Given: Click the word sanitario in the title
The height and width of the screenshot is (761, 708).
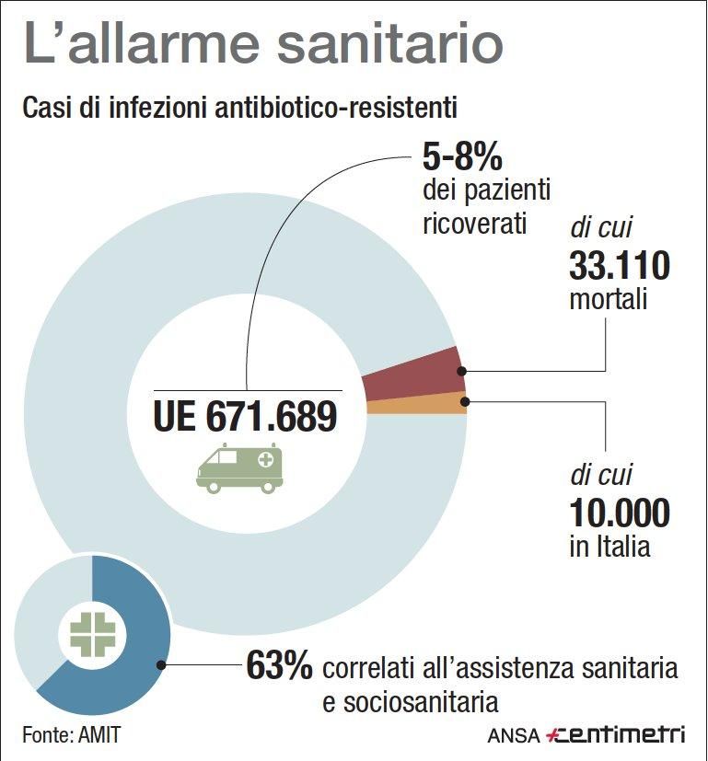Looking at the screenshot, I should tap(372, 45).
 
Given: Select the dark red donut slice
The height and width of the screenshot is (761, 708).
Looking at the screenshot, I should tap(414, 375).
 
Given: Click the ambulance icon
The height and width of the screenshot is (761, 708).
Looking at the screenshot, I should tap(239, 467).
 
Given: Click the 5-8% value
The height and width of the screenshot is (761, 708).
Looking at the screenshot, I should tap(462, 156).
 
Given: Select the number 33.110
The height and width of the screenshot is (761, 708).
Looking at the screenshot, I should tap(619, 267).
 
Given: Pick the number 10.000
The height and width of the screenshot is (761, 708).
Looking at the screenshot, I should tap(619, 513).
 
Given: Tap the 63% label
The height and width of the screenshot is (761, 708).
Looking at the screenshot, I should tap(279, 667).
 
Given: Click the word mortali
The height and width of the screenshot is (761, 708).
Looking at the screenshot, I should tap(609, 301).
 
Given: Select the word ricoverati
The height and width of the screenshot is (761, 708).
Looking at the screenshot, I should tap(475, 224).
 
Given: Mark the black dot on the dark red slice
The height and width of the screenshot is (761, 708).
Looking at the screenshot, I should tap(463, 371).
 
